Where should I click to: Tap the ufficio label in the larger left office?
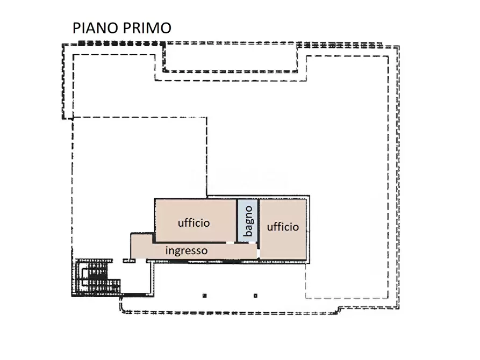point(194,222)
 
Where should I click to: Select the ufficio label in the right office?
point(283,227)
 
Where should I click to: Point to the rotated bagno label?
point(248,222)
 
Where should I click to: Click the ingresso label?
point(187,250)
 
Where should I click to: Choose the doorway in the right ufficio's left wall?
point(259,251)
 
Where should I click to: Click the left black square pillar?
point(205,295)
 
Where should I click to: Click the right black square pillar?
point(255,295)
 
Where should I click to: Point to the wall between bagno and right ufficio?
point(258,220)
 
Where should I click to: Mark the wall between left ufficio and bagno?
point(238,220)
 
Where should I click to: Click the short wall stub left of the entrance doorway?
point(128,261)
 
